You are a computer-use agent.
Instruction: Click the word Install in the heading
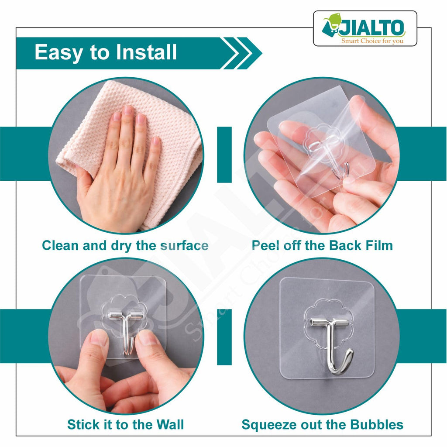click(147, 52)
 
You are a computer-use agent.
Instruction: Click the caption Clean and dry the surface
click(125, 245)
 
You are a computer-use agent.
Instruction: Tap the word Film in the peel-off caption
click(378, 245)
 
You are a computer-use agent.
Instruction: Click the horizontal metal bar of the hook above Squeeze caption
click(330, 323)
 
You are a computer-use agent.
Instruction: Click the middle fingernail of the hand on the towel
click(127, 110)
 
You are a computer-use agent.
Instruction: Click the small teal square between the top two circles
click(224, 155)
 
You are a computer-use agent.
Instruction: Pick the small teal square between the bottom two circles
click(224, 337)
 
